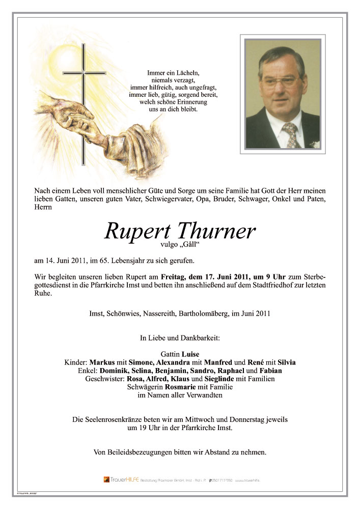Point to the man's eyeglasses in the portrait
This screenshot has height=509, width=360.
tap(279, 81)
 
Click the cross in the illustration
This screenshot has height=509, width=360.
tap(83, 102)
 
